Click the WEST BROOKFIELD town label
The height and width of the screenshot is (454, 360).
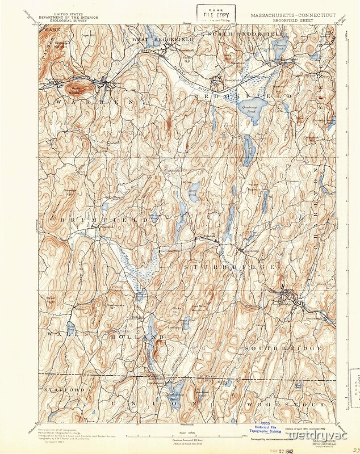tap(164, 40)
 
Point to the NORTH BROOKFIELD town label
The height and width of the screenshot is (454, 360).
tap(239, 35)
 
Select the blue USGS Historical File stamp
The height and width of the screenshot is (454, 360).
tap(265, 429)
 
